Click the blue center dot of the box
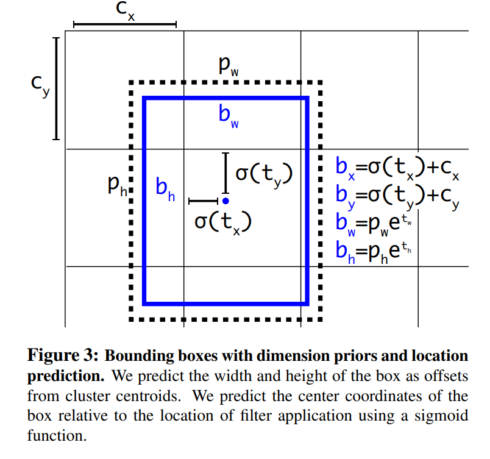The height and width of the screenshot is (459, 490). pyautogui.click(x=225, y=200)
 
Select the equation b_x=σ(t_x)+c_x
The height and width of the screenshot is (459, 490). pyautogui.click(x=397, y=168)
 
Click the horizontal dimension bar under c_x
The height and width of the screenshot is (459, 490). pyautogui.click(x=124, y=25)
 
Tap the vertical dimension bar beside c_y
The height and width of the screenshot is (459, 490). pyautogui.click(x=55, y=89)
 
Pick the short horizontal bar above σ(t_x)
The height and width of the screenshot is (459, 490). pyautogui.click(x=203, y=201)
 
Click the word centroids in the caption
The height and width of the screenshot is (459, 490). pyautogui.click(x=147, y=396)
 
